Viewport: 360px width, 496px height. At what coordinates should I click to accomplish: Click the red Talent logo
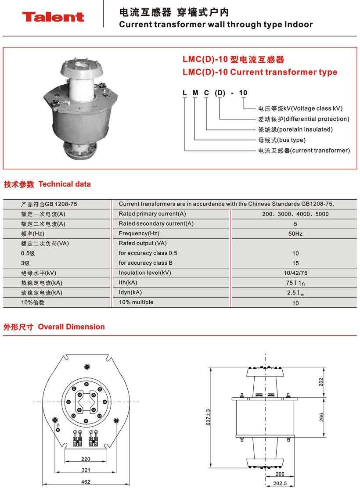pyautogui.click(x=53, y=17)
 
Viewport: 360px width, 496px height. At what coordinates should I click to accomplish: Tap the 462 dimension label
pyautogui.click(x=86, y=482)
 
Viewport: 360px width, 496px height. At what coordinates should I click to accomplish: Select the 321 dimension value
pyautogui.click(x=86, y=470)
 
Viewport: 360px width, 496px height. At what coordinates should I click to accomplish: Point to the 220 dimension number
pyautogui.click(x=86, y=459)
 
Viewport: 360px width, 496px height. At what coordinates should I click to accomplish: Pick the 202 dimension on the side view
pyautogui.click(x=321, y=382)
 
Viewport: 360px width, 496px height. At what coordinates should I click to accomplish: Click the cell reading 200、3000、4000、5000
pyautogui.click(x=295, y=214)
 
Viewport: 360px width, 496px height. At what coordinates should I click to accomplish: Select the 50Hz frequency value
pyautogui.click(x=295, y=234)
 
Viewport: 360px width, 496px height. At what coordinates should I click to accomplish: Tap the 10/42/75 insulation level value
pyautogui.click(x=295, y=273)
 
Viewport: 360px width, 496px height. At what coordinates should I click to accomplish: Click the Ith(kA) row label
pyautogui.click(x=128, y=283)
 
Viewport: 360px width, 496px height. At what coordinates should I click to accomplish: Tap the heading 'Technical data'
pyautogui.click(x=65, y=184)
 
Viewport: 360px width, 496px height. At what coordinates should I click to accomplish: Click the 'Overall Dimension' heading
pyautogui.click(x=71, y=327)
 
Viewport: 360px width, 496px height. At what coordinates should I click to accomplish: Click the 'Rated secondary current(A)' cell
pyautogui.click(x=156, y=224)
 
